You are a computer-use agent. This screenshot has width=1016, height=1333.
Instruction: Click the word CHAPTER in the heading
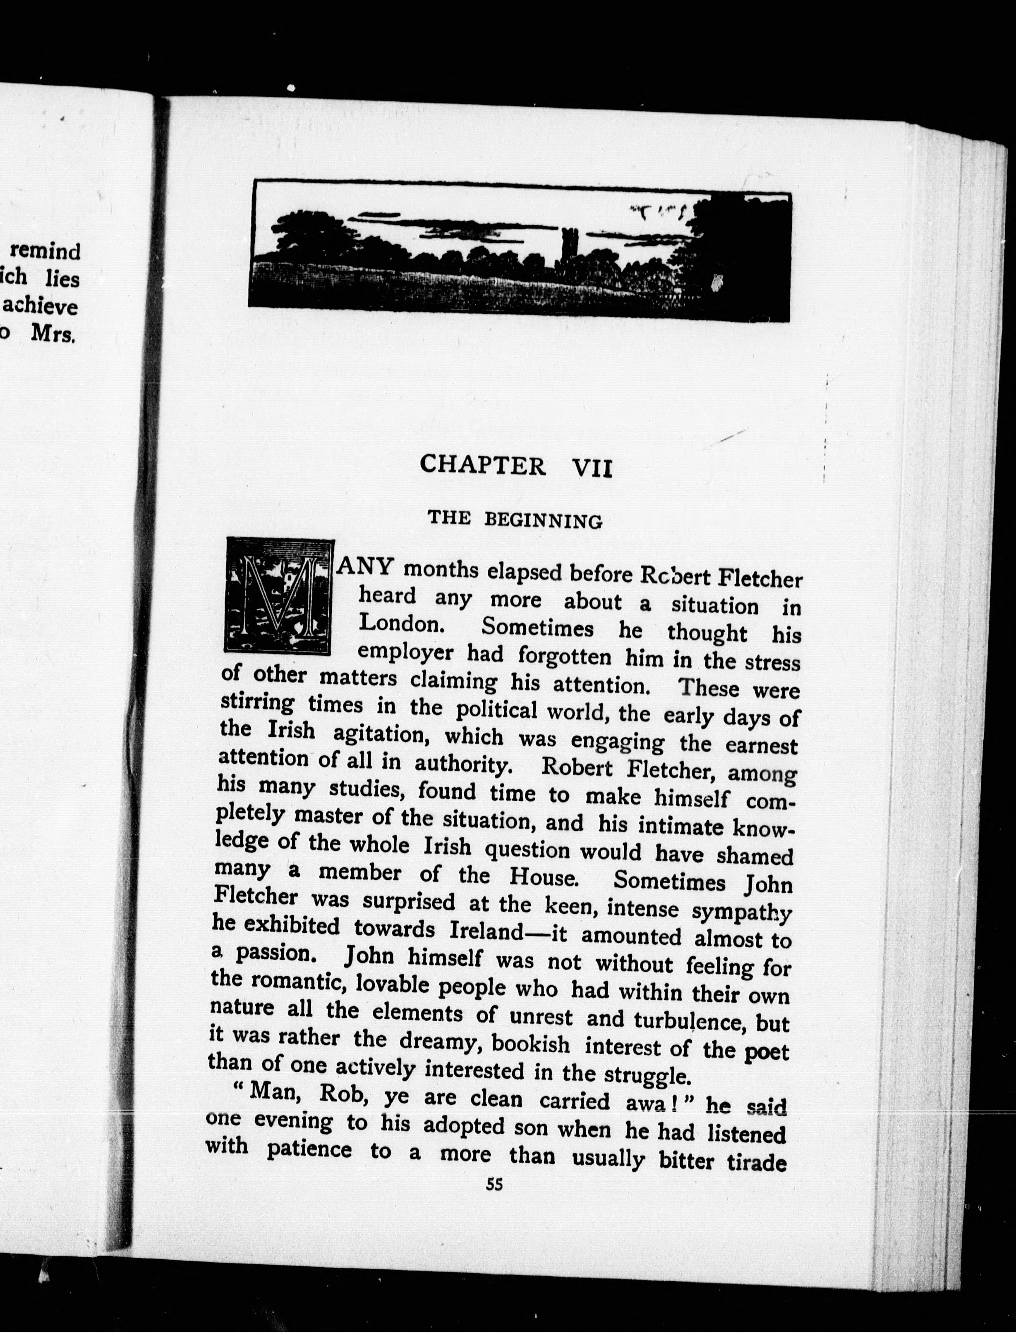click(x=483, y=465)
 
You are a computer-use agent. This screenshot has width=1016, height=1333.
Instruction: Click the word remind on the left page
click(x=46, y=250)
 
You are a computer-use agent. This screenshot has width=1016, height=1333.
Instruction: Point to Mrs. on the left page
click(x=53, y=334)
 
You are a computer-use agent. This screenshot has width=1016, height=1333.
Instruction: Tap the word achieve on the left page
click(x=41, y=306)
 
